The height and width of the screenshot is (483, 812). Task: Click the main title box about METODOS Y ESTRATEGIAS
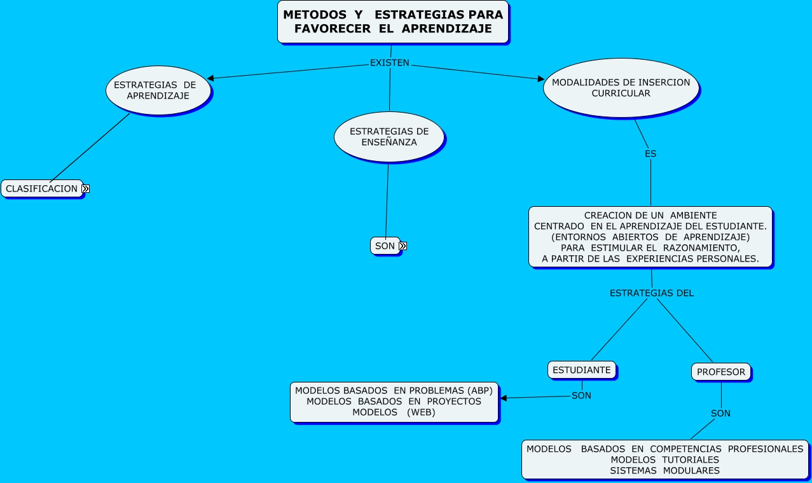393,22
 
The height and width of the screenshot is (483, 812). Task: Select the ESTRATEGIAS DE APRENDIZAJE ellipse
158,90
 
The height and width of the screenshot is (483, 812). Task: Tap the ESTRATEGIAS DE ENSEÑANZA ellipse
389,137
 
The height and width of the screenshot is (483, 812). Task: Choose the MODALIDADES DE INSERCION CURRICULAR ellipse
621,88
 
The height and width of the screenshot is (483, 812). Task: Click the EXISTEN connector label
390,63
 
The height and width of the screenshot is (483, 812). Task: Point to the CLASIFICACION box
42,188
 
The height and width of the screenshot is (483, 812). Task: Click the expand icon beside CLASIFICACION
85,189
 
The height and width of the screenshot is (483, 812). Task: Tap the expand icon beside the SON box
403,246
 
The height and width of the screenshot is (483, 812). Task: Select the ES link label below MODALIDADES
650,154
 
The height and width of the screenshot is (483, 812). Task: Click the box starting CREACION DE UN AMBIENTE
650,237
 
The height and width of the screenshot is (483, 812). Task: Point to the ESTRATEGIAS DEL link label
651,293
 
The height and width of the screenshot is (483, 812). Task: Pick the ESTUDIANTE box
581,370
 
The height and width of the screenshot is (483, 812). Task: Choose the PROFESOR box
720,372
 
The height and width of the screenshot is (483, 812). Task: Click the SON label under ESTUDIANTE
581,396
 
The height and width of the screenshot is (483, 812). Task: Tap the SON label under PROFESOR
720,414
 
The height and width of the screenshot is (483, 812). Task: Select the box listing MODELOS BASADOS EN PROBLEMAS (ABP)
394,402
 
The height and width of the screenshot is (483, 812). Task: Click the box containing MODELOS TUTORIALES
664,459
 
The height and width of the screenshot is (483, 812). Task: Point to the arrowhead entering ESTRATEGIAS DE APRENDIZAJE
210,78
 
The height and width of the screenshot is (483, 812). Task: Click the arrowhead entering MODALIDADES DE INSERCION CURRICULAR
541,79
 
